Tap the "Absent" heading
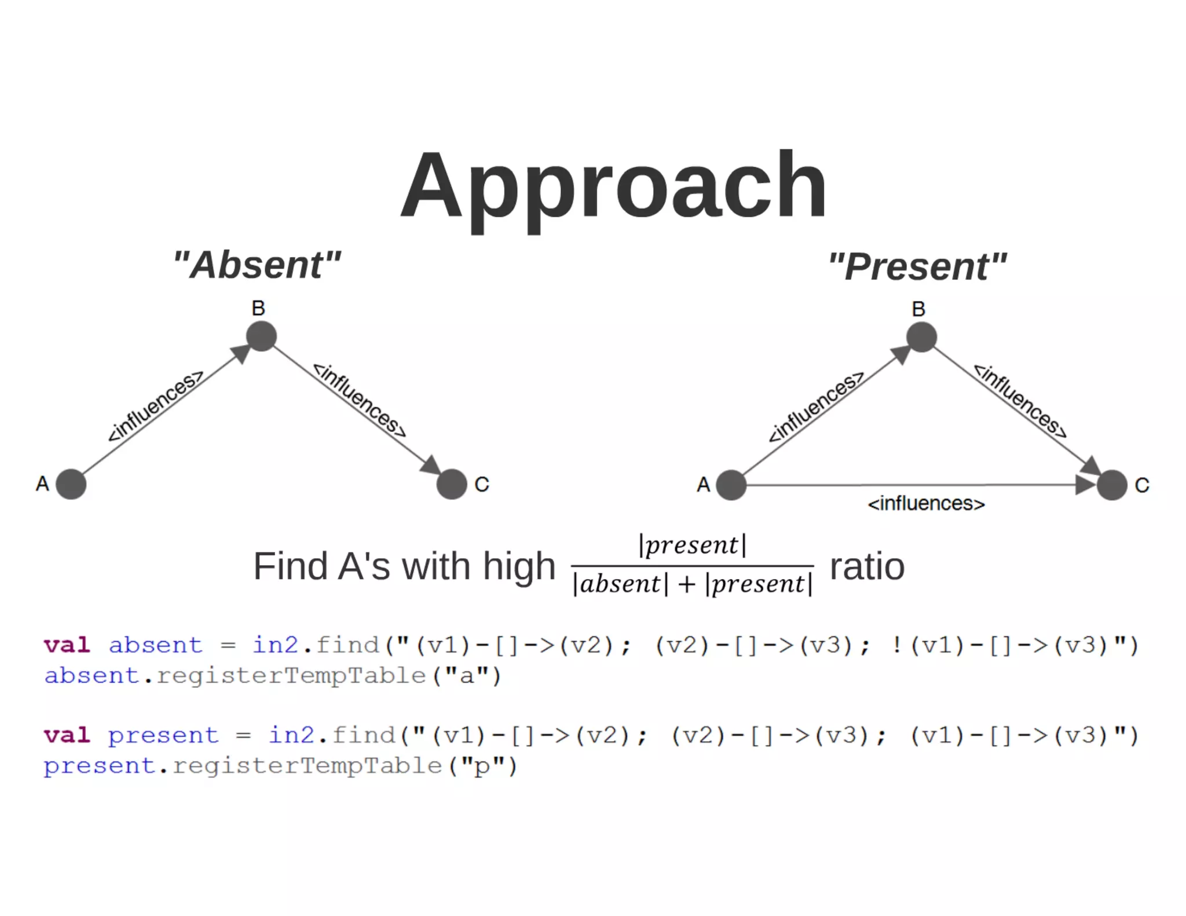pyautogui.click(x=257, y=265)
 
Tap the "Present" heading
pyautogui.click(x=917, y=266)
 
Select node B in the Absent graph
pyautogui.click(x=261, y=336)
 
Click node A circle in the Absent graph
pyautogui.click(x=71, y=484)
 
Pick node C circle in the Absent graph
pyautogui.click(x=452, y=484)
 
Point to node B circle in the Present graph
pyautogui.click(x=921, y=337)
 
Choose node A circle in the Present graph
pyautogui.click(x=731, y=485)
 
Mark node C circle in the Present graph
pyautogui.click(x=1112, y=485)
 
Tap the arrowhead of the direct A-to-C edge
pyautogui.click(x=1085, y=485)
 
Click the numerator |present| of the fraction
pyautogui.click(x=692, y=545)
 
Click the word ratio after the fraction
pyautogui.click(x=867, y=566)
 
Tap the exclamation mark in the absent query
pyautogui.click(x=896, y=645)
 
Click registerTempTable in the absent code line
pyautogui.click(x=291, y=676)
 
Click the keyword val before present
pyautogui.click(x=67, y=735)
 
